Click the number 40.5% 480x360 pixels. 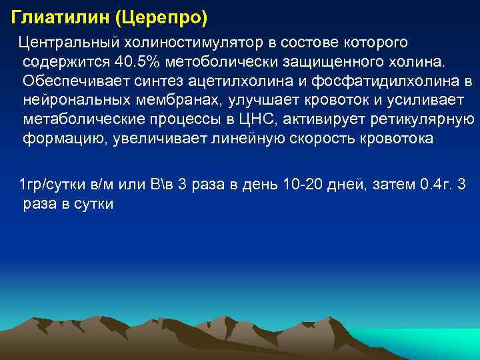click(x=133, y=63)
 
